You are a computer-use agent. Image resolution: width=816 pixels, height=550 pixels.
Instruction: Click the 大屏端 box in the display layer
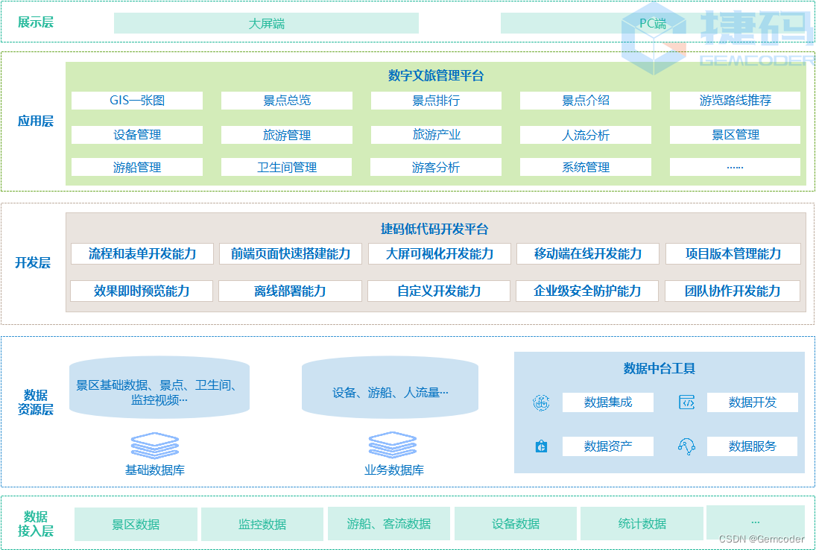(x=266, y=23)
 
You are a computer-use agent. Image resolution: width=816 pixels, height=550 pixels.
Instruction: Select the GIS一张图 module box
(x=137, y=101)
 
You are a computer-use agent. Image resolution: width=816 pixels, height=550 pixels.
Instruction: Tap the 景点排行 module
(x=436, y=101)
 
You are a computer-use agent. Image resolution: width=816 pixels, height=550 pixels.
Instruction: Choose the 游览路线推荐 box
(x=735, y=101)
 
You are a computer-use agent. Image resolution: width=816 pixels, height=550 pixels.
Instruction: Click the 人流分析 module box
(x=585, y=135)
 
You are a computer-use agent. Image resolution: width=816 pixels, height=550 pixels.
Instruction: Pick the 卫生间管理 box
(x=287, y=167)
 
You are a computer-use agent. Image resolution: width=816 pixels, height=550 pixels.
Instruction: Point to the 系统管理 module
(x=585, y=167)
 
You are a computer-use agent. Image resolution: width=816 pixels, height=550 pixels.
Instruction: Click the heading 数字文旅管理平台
(x=436, y=75)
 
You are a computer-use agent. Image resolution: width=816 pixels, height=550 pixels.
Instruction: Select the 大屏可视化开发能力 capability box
(x=440, y=253)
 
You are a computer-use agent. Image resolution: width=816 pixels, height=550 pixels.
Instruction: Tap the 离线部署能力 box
(x=290, y=291)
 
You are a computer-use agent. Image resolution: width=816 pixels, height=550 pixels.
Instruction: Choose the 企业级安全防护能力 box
(x=587, y=291)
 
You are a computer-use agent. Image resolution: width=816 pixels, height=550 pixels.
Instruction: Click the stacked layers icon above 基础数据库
(x=155, y=445)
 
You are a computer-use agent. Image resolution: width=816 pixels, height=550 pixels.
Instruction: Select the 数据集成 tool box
(x=607, y=402)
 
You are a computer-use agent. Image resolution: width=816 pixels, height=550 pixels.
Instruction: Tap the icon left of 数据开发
(x=686, y=402)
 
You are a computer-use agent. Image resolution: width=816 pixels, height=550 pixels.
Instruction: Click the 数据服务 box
(x=752, y=446)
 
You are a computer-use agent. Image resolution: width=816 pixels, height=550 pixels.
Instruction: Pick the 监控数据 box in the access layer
(x=262, y=524)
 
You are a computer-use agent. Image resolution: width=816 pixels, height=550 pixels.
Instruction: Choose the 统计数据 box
(x=642, y=524)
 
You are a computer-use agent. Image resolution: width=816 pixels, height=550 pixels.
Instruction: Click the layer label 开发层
(x=33, y=262)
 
